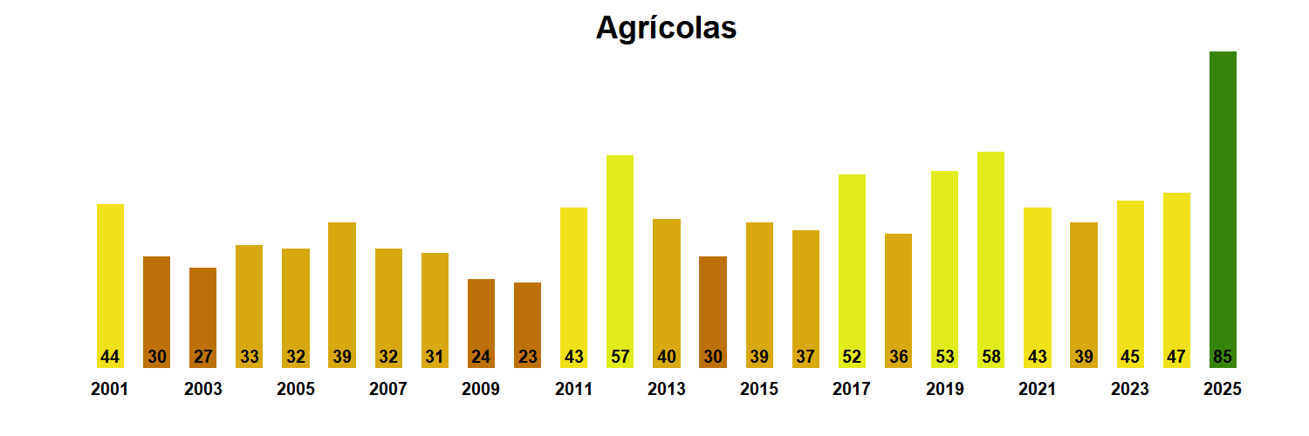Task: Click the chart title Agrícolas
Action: (666, 28)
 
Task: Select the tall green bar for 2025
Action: (1223, 201)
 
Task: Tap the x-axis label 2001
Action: (110, 390)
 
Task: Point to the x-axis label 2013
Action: (667, 390)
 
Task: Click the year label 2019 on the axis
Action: (945, 390)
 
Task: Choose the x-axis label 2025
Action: (1223, 390)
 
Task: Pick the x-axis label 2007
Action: (388, 390)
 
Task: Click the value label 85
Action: (1223, 357)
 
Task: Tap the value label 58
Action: (990, 357)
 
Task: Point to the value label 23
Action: (527, 357)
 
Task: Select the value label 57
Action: (620, 357)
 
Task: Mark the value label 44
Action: (110, 357)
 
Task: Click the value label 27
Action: (202, 357)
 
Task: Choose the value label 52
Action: (852, 357)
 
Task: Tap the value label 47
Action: (1176, 357)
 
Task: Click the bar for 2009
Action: (481, 314)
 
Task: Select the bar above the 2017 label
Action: (852, 262)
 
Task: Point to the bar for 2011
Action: (573, 279)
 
